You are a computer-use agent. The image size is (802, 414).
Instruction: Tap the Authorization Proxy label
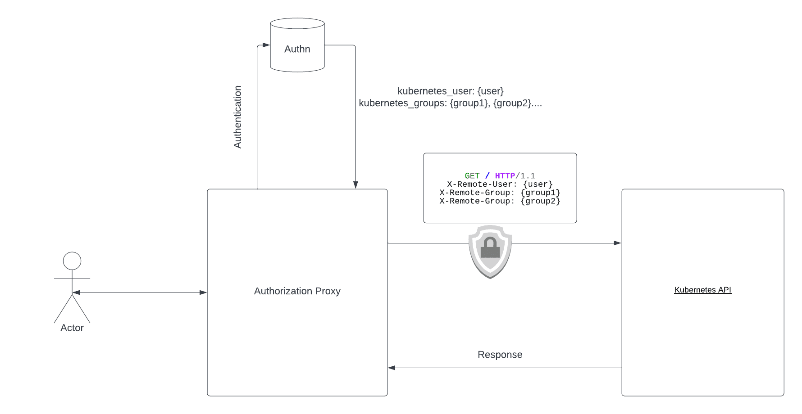[297, 291]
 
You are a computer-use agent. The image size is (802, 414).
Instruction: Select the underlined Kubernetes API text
[702, 290]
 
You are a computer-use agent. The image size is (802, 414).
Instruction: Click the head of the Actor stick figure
[72, 261]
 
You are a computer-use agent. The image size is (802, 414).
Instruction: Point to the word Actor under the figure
[72, 328]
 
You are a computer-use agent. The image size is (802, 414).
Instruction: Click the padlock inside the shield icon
[490, 248]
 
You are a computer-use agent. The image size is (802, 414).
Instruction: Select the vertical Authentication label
[238, 117]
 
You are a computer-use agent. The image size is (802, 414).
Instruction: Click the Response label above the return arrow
[500, 355]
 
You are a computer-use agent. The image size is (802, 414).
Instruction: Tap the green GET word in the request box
[472, 176]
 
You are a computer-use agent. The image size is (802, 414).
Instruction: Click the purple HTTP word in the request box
[505, 176]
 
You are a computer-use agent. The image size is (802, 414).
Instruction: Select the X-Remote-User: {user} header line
[500, 184]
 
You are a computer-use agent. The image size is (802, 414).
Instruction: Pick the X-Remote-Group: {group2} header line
[500, 201]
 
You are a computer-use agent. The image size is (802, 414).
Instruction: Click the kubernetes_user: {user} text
[450, 91]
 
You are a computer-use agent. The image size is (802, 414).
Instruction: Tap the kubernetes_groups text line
[450, 103]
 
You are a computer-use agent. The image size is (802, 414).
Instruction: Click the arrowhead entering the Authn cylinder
[266, 45]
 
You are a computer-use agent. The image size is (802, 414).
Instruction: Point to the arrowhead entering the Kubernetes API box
[618, 243]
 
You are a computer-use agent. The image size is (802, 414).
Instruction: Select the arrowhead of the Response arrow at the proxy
[392, 368]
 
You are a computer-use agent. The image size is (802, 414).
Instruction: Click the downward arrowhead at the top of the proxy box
[355, 185]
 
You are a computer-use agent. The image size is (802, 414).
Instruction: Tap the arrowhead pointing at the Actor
[76, 292]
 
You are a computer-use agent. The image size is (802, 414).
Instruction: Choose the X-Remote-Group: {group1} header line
[500, 193]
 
